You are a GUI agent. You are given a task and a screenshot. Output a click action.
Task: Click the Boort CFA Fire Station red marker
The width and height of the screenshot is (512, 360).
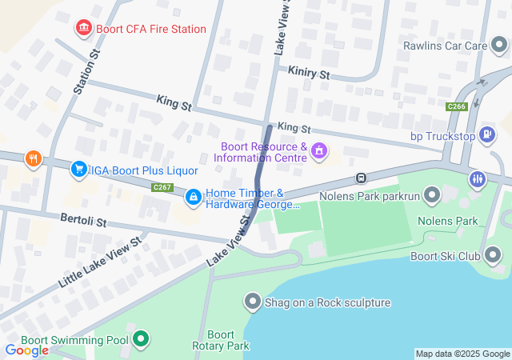[x=83, y=30]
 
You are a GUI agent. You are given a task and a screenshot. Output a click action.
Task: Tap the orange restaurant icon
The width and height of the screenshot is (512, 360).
[x=33, y=158]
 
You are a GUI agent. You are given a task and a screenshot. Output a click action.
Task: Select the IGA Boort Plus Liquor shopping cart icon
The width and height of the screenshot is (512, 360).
[x=78, y=169]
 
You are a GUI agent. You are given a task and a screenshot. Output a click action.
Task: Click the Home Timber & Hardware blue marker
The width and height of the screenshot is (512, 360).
[x=194, y=196]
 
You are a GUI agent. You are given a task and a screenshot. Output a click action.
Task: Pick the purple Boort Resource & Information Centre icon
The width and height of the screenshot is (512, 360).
[x=319, y=150]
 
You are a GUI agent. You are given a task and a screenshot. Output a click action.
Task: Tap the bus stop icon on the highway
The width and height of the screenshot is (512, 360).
[x=362, y=178]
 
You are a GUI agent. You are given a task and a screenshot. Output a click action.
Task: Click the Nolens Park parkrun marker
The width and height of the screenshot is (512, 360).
[x=433, y=195]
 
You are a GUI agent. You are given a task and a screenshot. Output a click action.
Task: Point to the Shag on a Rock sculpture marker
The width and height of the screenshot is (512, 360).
[x=253, y=302]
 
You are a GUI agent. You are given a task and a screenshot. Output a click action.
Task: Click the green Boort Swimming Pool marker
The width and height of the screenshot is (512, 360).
[x=142, y=340]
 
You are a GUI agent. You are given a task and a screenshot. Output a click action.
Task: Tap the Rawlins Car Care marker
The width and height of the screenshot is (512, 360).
[x=500, y=46]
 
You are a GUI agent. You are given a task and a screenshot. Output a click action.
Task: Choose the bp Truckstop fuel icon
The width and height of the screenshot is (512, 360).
[x=487, y=134]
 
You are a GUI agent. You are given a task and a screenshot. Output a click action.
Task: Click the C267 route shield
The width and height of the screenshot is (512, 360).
[x=162, y=187]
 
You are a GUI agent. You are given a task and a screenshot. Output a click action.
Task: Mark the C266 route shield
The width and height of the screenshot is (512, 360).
[x=457, y=106]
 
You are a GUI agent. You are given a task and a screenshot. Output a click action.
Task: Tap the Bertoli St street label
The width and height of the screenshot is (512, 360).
[x=83, y=218]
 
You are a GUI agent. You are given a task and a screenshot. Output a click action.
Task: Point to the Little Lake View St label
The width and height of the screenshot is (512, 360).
[x=100, y=262]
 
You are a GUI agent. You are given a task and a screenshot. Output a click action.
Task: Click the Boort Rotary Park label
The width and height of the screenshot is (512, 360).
[x=221, y=340]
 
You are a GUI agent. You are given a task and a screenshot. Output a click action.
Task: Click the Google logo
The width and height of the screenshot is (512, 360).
[x=26, y=350]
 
